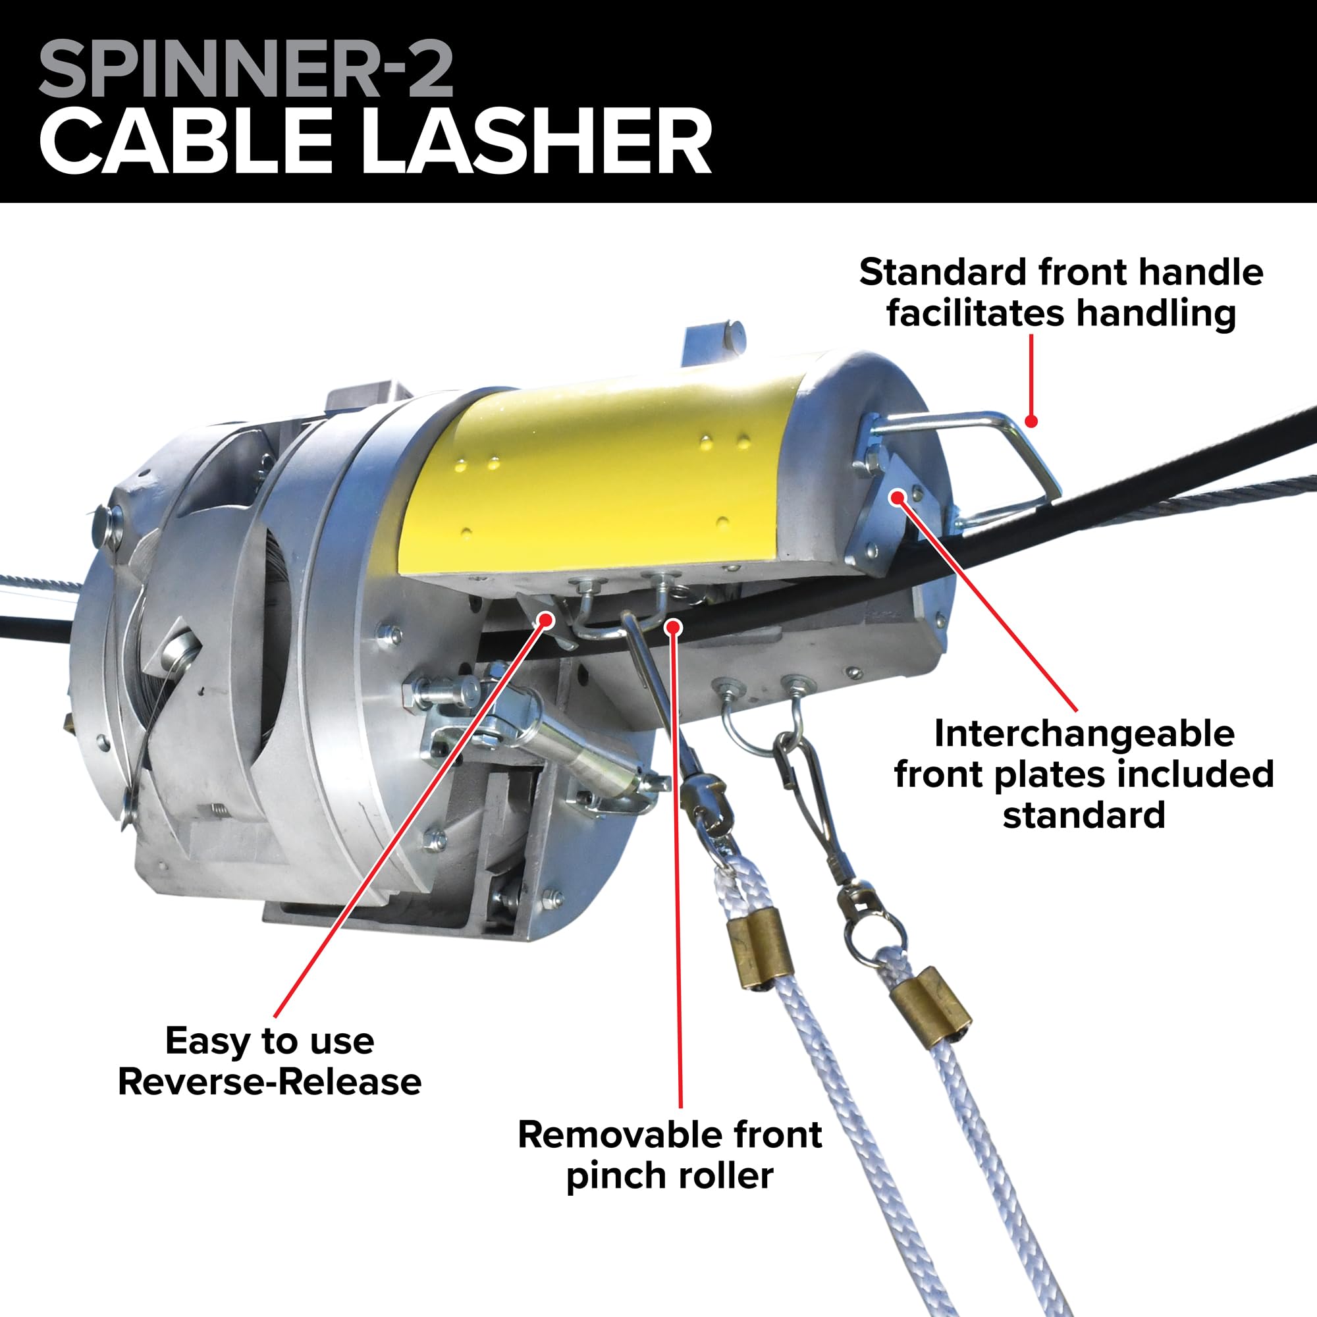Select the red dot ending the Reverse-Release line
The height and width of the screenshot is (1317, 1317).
click(x=545, y=619)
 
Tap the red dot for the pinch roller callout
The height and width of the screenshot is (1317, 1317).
click(x=674, y=626)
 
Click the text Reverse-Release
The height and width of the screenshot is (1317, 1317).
click(x=269, y=1082)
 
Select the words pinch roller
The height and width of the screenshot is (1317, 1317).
click(x=670, y=1175)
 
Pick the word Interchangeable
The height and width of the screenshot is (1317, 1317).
click(x=1084, y=734)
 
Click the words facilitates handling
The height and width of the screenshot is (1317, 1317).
click(x=1062, y=313)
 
